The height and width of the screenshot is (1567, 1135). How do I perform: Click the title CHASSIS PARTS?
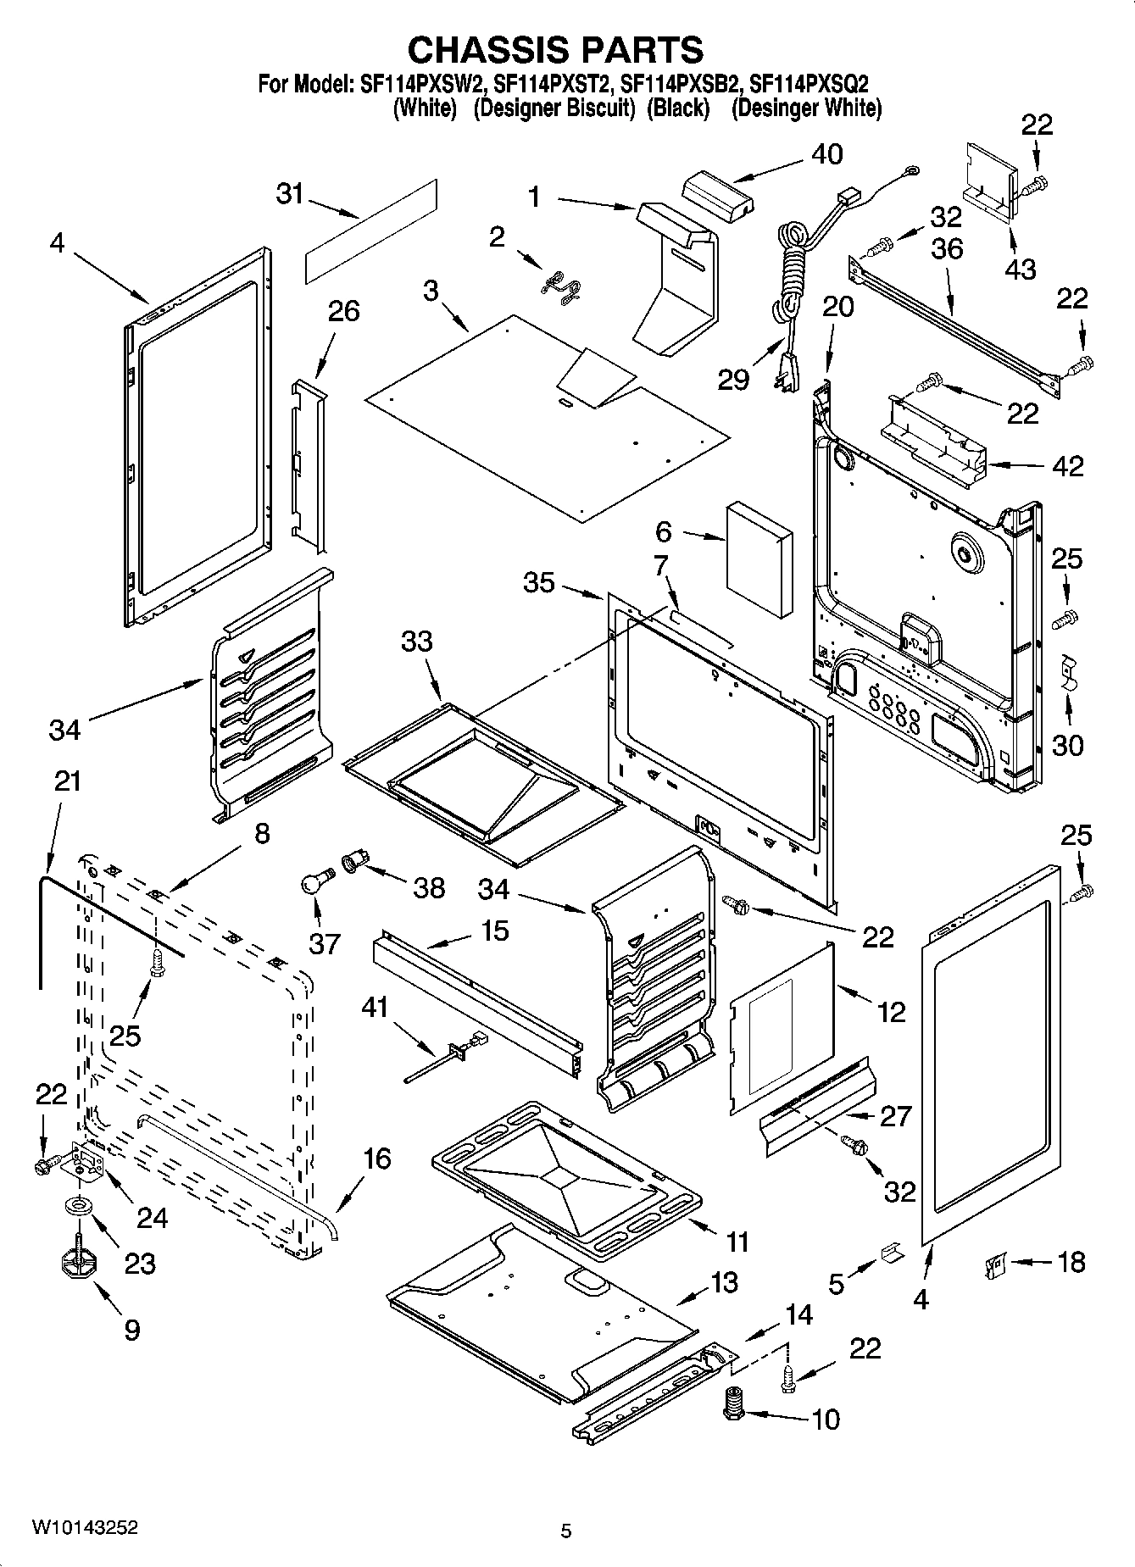click(x=555, y=50)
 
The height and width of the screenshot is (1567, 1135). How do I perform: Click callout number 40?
click(x=826, y=154)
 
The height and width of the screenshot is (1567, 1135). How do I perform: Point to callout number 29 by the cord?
click(x=733, y=379)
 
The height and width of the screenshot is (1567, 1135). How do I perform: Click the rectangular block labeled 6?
click(x=759, y=560)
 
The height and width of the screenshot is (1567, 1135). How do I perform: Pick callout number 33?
click(x=417, y=642)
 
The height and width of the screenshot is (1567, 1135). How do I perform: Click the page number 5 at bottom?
click(x=566, y=1531)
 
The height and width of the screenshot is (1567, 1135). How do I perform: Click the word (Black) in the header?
click(x=677, y=108)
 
